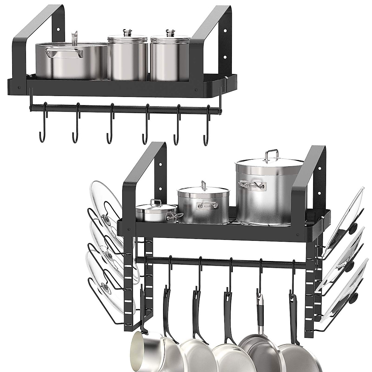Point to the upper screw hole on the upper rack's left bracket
[58, 30]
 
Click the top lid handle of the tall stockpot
[272, 154]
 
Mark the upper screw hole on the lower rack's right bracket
[320, 168]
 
